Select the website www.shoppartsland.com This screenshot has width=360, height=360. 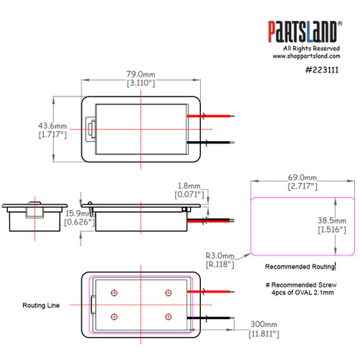pos(305,55)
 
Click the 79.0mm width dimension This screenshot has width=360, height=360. pos(140,74)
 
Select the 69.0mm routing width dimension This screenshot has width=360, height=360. pos(302,177)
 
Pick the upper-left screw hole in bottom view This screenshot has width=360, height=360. pos(114,292)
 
